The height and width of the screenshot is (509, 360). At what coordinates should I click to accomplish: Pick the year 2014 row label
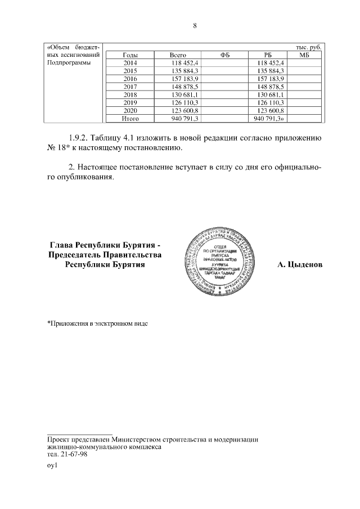(130, 64)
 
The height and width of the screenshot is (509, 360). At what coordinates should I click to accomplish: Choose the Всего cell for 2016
(181, 79)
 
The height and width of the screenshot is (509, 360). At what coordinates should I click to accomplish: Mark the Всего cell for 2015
(181, 71)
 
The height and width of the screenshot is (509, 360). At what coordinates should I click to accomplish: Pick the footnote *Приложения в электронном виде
(97, 324)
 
